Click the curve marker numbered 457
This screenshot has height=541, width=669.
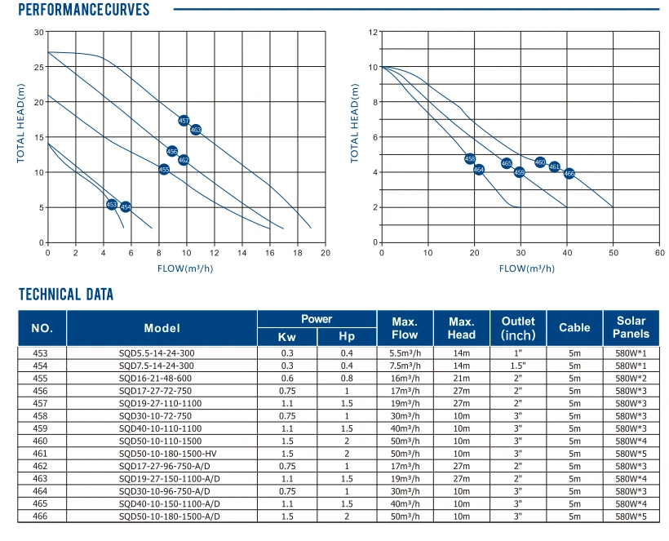(x=184, y=121)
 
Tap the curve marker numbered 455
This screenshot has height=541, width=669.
(x=164, y=170)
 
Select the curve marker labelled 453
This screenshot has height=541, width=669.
(x=111, y=205)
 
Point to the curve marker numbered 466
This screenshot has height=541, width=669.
(x=569, y=173)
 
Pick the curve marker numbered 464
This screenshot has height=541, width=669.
(x=479, y=170)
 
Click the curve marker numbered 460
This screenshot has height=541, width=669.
(x=540, y=162)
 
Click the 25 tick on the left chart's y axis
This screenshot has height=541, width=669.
(x=39, y=67)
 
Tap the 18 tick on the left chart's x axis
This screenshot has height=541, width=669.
(x=298, y=253)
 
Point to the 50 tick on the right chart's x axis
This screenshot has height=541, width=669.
(x=613, y=253)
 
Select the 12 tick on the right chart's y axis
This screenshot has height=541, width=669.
(x=373, y=32)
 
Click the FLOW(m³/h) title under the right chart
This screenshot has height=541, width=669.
(x=527, y=268)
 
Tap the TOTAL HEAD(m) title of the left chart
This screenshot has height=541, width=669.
(x=20, y=123)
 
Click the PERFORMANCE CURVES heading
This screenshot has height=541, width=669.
(x=83, y=10)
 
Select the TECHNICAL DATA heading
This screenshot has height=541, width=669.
(x=66, y=295)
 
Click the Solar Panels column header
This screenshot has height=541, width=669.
(x=631, y=327)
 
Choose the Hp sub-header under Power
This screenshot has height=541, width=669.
(x=347, y=337)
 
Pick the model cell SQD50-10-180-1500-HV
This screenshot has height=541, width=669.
(x=162, y=454)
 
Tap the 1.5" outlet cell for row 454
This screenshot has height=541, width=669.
(x=518, y=366)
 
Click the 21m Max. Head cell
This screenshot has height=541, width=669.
(x=461, y=379)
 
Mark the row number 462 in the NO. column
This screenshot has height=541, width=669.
(x=40, y=466)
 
